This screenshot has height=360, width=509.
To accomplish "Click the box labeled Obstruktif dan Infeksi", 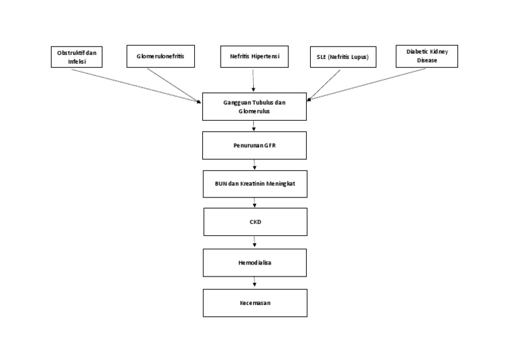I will tap(78, 57).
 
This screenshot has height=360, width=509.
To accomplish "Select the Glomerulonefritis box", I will tap(161, 57).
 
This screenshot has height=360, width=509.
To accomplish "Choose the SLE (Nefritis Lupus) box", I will tap(343, 58).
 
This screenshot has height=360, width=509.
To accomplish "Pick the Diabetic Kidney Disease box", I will tap(427, 56).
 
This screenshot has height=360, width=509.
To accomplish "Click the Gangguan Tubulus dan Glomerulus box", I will tap(254, 107).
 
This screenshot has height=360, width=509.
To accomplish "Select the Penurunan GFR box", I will tap(254, 145).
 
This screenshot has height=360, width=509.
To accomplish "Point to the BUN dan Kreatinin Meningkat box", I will tap(254, 184).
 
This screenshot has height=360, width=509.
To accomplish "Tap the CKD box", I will tap(255, 222).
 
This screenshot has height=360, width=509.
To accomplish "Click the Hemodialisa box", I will tap(255, 263).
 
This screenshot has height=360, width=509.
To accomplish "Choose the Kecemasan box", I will tap(255, 302).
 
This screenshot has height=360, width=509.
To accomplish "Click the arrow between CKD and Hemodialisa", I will tap(255, 242).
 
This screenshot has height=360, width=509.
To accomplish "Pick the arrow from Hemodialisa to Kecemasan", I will tap(255, 282).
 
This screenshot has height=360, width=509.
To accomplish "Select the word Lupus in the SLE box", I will tap(359, 58).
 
